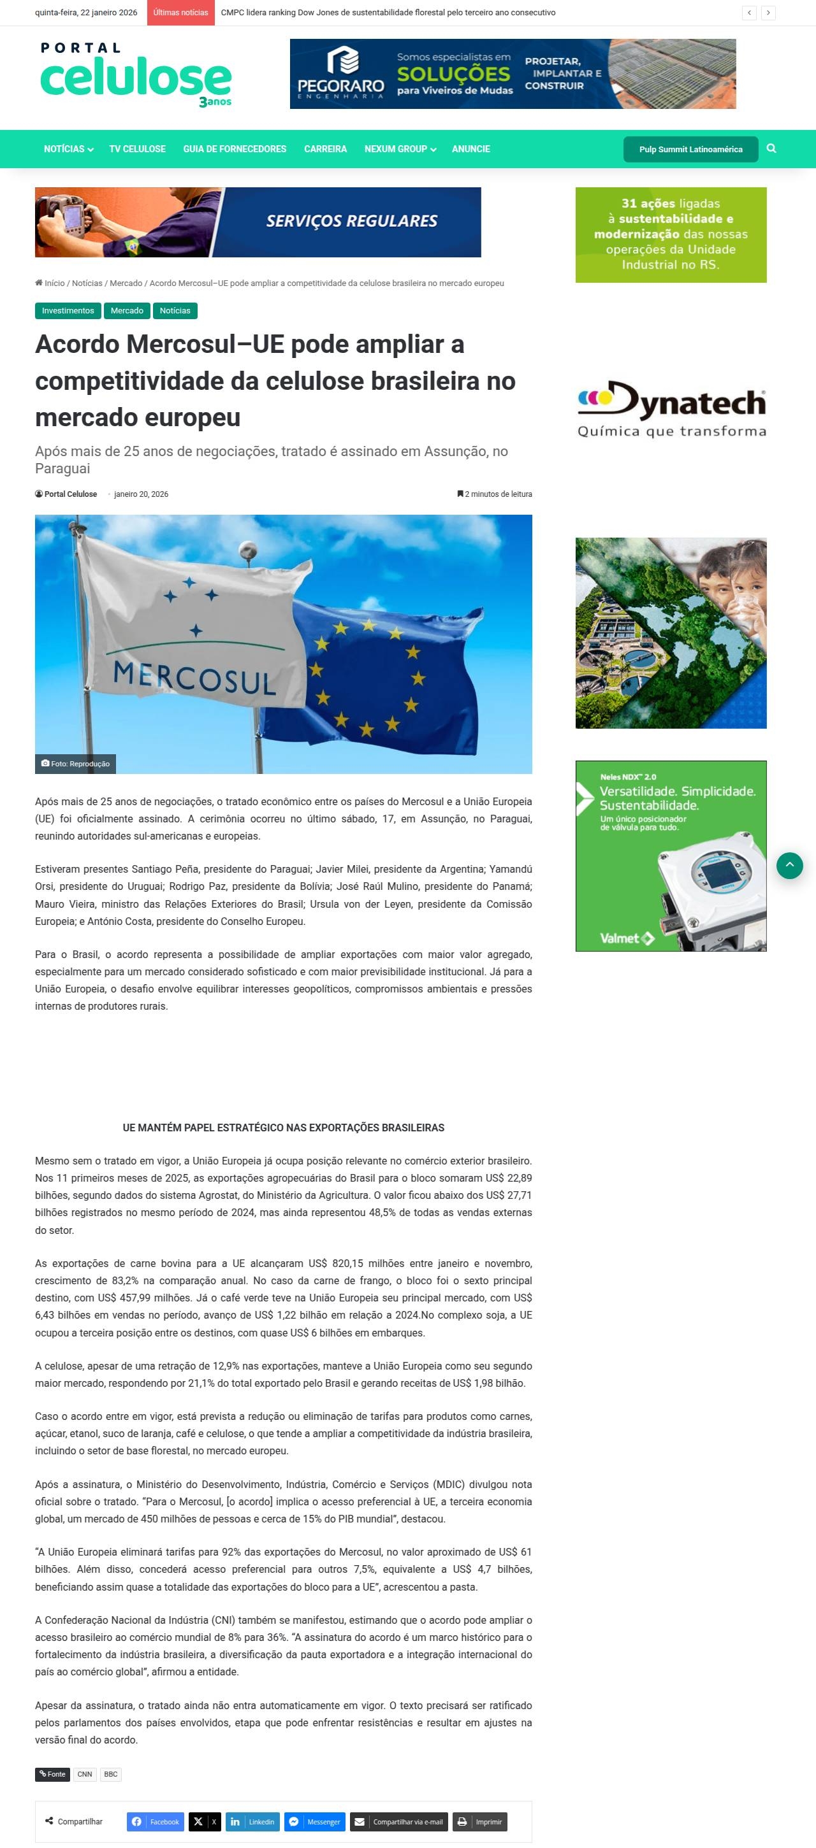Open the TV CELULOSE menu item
[137, 149]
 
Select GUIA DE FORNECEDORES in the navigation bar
[235, 149]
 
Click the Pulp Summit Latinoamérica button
[690, 149]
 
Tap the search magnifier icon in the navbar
[771, 148]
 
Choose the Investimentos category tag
[68, 311]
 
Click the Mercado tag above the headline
[127, 311]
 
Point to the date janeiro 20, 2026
[142, 494]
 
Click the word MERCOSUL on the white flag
[194, 678]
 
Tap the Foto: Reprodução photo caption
[75, 764]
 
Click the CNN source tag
[85, 1774]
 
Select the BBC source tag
[110, 1774]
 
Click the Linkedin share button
[252, 1821]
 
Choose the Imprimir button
[480, 1821]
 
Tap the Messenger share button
[315, 1821]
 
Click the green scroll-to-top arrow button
[789, 866]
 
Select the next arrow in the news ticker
[768, 13]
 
